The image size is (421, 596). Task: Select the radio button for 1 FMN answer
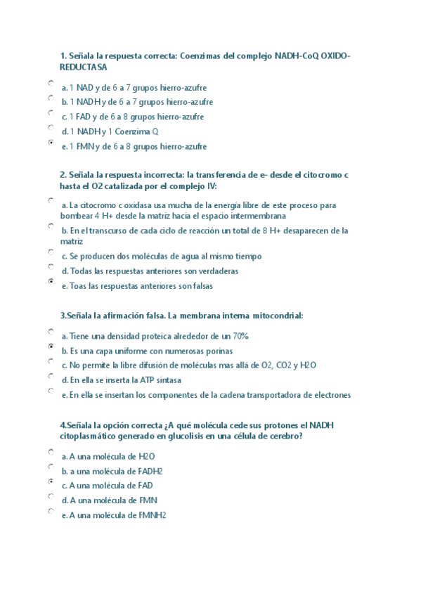[x=51, y=142]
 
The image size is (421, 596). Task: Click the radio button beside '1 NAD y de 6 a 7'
[x=51, y=83]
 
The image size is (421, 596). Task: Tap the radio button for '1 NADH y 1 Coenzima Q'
[x=51, y=127]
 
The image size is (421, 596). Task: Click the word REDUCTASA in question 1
[x=84, y=67]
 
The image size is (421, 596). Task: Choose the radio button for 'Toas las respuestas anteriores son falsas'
[x=51, y=281]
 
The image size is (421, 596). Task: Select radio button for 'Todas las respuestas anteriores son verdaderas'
[x=51, y=266]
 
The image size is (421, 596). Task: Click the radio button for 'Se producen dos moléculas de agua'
[x=51, y=252]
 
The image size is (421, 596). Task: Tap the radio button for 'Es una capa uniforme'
[x=51, y=346]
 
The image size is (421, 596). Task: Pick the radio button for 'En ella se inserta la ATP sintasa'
[x=51, y=376]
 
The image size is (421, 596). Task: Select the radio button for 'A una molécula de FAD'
[x=51, y=481]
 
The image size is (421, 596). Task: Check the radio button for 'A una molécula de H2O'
[x=51, y=452]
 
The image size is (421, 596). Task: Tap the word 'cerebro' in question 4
[x=285, y=436]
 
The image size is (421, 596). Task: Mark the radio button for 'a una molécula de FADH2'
[x=51, y=467]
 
